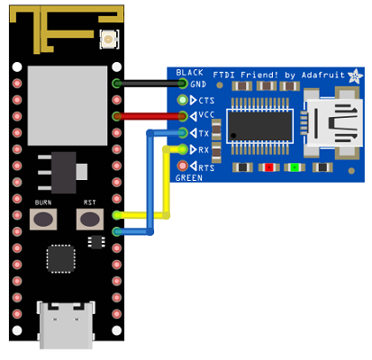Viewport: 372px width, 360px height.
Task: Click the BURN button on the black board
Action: coord(43,220)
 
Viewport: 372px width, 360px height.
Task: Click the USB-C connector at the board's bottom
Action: coord(66,325)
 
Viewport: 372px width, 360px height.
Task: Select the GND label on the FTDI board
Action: coord(198,85)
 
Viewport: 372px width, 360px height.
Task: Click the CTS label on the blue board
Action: coord(206,101)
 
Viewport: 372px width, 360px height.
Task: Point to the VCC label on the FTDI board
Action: coord(206,115)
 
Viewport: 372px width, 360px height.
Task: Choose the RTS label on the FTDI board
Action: coord(206,167)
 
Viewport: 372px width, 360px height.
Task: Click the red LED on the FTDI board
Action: coord(269,167)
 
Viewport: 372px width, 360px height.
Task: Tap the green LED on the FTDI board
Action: coord(295,167)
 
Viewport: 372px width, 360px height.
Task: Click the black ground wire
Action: coord(150,84)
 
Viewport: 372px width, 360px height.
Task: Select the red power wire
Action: coord(150,116)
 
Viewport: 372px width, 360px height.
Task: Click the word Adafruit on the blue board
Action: coord(323,75)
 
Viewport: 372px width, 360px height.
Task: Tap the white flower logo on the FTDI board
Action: coord(356,76)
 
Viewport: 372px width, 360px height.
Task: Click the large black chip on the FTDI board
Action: coord(259,126)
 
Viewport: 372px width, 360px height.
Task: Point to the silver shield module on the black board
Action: coord(68,105)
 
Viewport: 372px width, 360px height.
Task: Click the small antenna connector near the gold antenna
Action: coord(109,39)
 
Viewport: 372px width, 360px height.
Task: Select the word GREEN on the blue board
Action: coord(189,178)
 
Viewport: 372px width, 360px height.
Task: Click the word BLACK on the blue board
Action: coord(190,73)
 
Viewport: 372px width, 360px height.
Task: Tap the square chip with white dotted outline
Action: coord(60,259)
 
